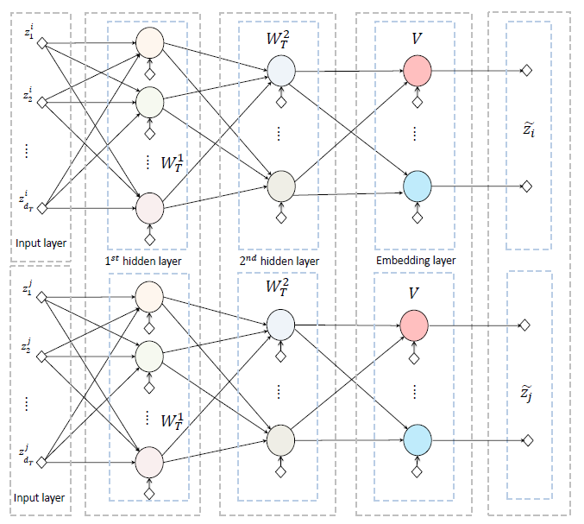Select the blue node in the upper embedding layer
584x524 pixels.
click(416, 185)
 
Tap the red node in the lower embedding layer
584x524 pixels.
click(414, 325)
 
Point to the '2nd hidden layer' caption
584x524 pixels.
click(279, 261)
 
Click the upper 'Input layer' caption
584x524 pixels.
click(40, 242)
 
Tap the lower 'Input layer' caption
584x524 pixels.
click(40, 498)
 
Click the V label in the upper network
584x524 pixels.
click(415, 40)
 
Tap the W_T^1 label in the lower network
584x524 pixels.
click(172, 420)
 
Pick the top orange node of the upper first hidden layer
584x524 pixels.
click(149, 41)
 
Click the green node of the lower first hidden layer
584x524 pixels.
click(149, 355)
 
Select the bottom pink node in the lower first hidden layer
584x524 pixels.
click(149, 460)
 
